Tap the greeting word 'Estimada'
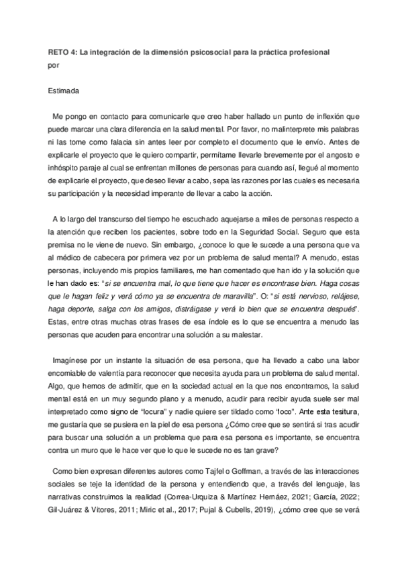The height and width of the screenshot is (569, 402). (64, 90)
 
